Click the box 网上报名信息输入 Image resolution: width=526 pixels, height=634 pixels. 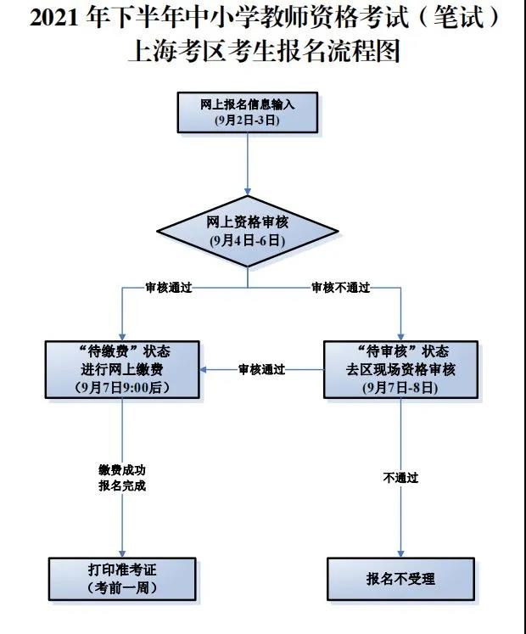click(247, 112)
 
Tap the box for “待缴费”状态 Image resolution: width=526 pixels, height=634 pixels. click(123, 369)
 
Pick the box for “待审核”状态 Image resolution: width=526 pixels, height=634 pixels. click(400, 369)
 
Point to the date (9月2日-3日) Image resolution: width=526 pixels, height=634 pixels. click(247, 121)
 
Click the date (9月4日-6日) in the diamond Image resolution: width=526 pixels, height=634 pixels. click(247, 241)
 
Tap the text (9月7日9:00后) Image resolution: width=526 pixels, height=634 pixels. click(123, 388)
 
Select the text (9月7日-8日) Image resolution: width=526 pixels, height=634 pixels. click(400, 388)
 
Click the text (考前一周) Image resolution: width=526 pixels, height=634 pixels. click(123, 587)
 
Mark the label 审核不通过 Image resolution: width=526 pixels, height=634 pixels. click(341, 288)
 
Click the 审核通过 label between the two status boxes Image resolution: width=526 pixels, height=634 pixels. click(261, 369)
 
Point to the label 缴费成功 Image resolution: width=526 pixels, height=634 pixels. click(123, 469)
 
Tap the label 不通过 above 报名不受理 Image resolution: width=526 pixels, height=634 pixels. click(400, 478)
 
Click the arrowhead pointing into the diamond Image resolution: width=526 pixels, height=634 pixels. click(247, 190)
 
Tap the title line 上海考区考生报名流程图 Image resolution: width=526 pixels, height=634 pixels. click(263, 53)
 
